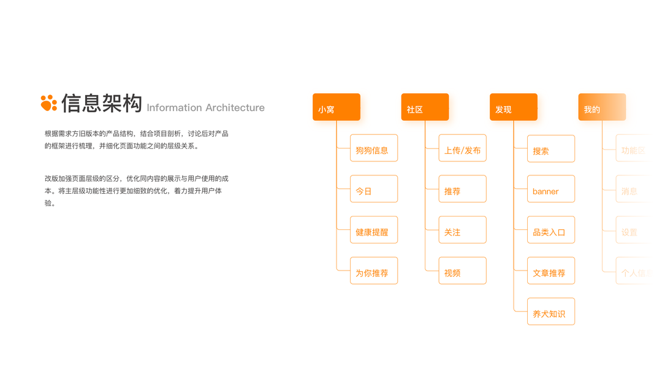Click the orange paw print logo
[x=48, y=103]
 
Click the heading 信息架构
[x=102, y=103]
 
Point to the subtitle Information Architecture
[x=205, y=108]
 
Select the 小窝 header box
[x=337, y=107]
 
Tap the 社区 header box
[x=425, y=107]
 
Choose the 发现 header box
[x=514, y=107]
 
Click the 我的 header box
[x=602, y=107]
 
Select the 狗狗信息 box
[x=374, y=148]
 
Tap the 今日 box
[x=374, y=189]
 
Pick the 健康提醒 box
[x=374, y=230]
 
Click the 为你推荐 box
[x=374, y=270]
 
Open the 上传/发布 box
[x=462, y=148]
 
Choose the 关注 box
[x=462, y=230]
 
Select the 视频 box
[x=462, y=270]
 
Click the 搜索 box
[x=551, y=149]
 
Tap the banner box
[x=551, y=190]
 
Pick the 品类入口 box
[x=551, y=230]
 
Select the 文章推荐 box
[x=551, y=270]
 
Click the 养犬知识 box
[x=551, y=312]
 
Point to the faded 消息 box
[x=631, y=190]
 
